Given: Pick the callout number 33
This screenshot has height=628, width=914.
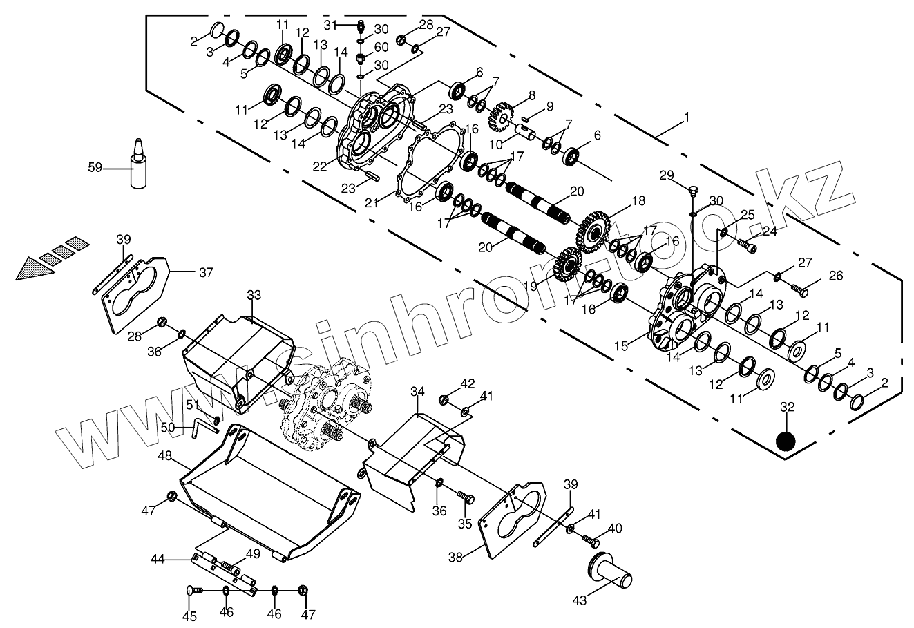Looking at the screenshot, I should pyautogui.click(x=254, y=295).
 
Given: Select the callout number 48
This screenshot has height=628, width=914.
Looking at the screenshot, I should pyautogui.click(x=164, y=456).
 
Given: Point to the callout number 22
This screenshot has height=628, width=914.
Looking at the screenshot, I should pyautogui.click(x=319, y=166).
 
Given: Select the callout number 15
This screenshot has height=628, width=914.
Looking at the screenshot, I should pyautogui.click(x=621, y=344).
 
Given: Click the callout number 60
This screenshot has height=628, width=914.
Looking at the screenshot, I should pyautogui.click(x=381, y=47).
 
